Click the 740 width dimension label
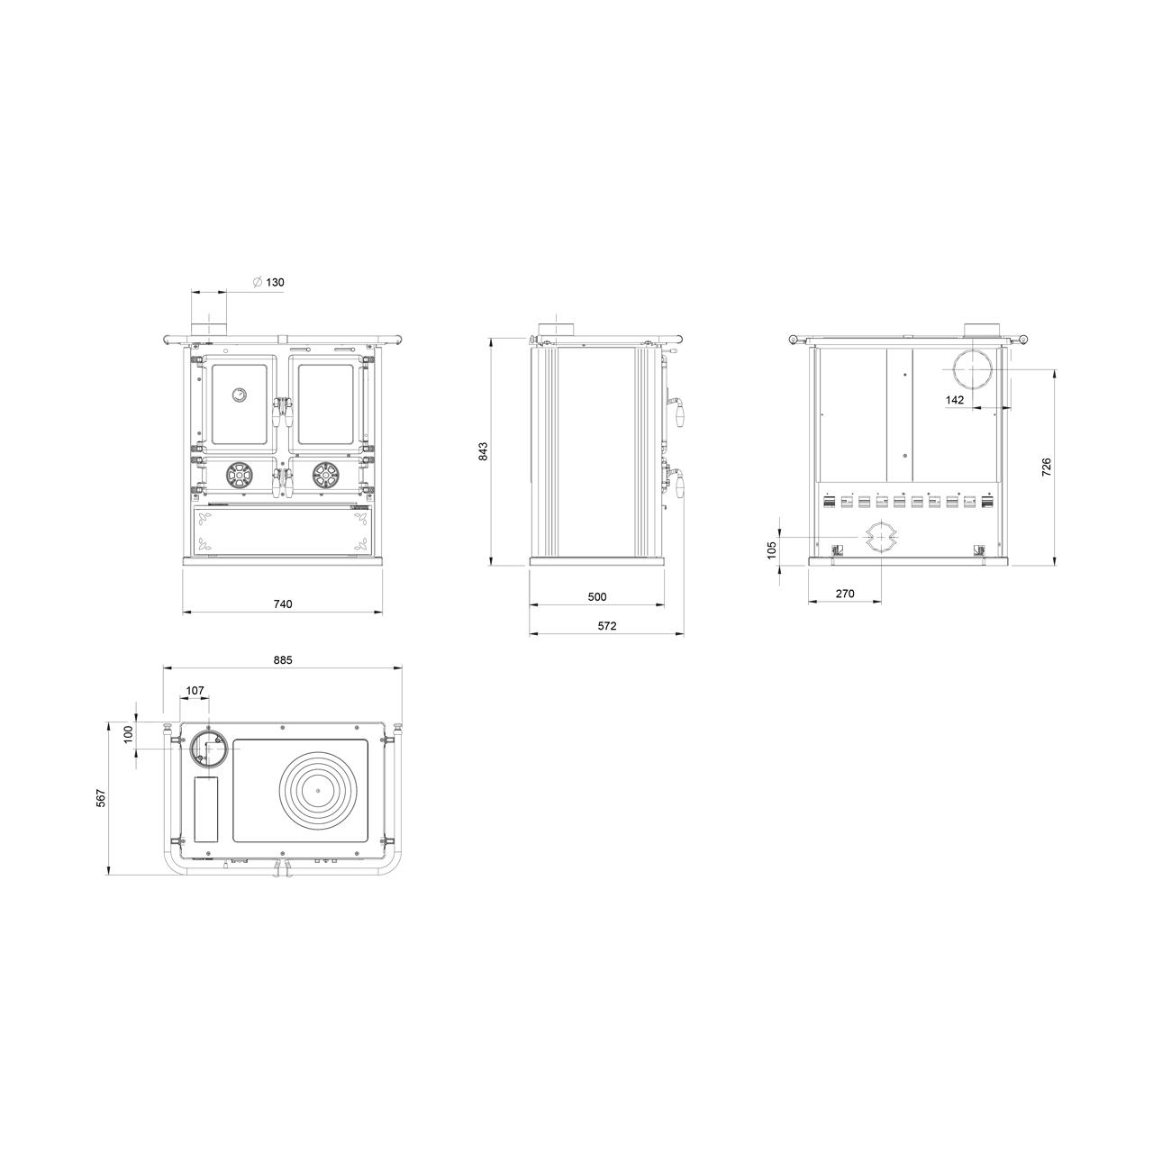(283, 604)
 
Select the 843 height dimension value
(484, 451)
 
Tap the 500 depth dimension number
(597, 596)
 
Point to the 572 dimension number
(607, 626)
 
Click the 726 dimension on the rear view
(1046, 467)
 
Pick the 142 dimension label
(955, 400)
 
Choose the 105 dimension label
(771, 549)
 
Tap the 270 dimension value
(845, 594)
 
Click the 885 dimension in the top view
(283, 660)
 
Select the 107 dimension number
(195, 691)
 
